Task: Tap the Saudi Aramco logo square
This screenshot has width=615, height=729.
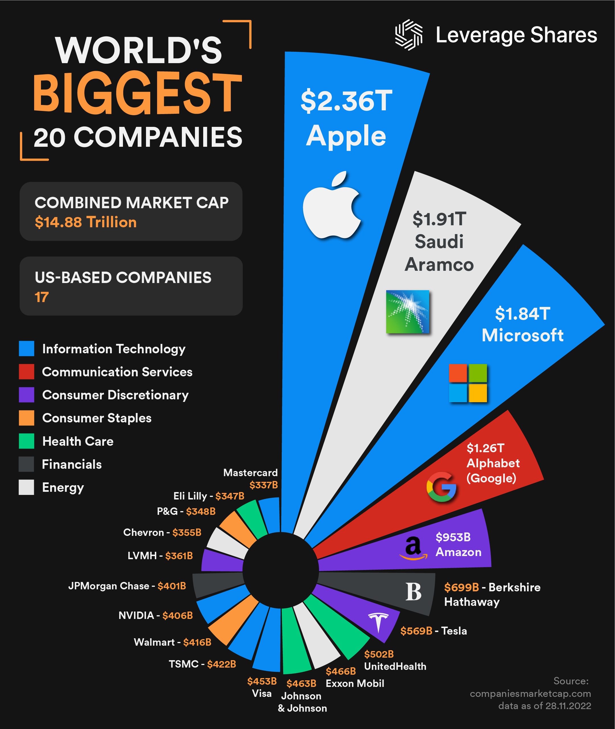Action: click(408, 311)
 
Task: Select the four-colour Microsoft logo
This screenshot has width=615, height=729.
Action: click(468, 383)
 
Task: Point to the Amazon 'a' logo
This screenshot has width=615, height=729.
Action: click(414, 548)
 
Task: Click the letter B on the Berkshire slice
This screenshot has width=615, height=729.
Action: click(414, 592)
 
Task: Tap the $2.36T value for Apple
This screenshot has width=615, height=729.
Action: click(346, 101)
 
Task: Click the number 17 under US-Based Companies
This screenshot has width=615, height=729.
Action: click(42, 297)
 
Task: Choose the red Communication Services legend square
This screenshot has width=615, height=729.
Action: click(26, 371)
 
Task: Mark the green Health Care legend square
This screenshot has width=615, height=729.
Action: click(26, 441)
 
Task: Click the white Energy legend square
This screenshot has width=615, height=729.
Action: click(26, 487)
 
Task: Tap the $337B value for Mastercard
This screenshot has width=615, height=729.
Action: click(264, 485)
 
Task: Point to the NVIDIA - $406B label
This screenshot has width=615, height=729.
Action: click(155, 616)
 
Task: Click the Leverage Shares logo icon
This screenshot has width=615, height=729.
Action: click(409, 35)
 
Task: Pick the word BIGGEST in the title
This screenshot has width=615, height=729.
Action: click(137, 93)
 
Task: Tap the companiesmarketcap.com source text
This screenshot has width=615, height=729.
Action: click(530, 693)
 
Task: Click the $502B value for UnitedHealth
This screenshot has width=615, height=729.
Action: click(379, 654)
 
